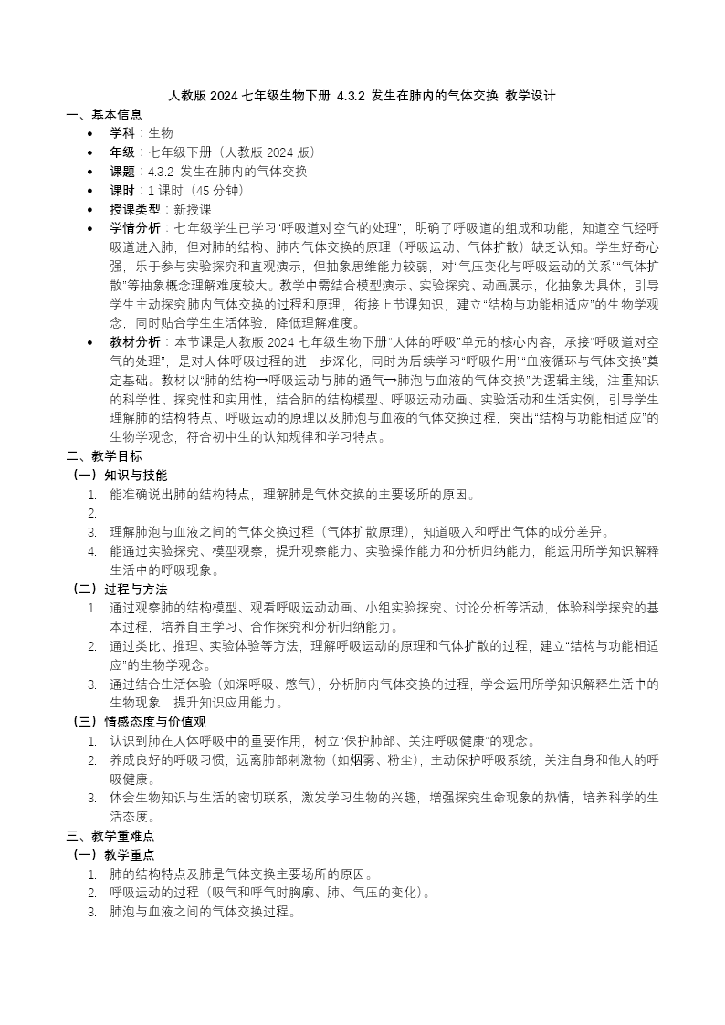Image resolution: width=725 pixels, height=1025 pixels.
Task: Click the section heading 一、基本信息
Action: pos(104,115)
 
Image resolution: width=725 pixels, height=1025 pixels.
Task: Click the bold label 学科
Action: pos(122,133)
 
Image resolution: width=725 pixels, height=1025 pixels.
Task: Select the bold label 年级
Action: pos(122,152)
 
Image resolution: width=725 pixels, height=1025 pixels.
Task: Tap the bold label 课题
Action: pos(122,172)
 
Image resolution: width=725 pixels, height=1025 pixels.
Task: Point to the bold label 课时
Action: pos(122,191)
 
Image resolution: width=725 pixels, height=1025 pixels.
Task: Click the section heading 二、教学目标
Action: pos(104,455)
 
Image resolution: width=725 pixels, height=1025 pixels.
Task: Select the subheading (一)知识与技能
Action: pos(119,475)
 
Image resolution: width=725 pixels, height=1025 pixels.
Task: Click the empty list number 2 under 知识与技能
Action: pos(92,513)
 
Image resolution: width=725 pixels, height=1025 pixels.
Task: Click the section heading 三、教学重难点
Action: pos(110,835)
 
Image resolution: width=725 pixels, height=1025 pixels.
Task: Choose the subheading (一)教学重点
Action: pos(112,854)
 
